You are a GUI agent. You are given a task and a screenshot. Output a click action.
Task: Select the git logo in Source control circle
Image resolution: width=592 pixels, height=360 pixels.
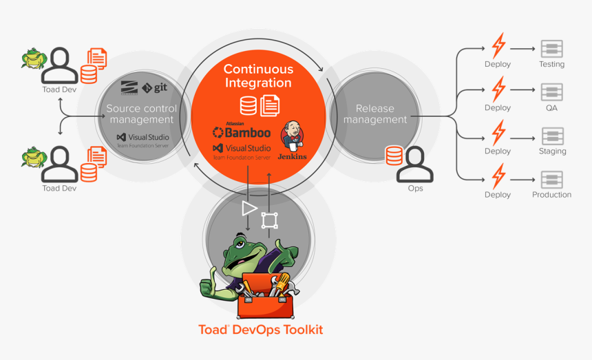click(x=155, y=87)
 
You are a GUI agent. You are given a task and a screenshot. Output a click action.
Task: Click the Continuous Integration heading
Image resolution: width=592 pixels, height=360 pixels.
click(x=258, y=76)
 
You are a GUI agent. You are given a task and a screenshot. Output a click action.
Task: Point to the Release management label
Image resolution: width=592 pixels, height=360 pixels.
click(x=375, y=114)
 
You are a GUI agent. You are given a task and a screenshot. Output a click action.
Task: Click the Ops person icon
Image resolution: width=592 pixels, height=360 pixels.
click(x=415, y=165)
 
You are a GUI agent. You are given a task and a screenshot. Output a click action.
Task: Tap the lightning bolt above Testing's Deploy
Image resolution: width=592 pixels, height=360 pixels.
click(x=498, y=46)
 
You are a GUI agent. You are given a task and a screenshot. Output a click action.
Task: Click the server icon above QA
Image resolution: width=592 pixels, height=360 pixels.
click(x=552, y=92)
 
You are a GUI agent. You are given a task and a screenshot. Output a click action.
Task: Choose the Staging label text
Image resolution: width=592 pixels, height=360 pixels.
click(x=552, y=151)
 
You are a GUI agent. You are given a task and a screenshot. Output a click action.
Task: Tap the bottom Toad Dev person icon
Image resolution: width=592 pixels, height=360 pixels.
click(x=60, y=163)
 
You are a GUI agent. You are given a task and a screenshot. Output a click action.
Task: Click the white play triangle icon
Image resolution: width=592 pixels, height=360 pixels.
click(x=249, y=208)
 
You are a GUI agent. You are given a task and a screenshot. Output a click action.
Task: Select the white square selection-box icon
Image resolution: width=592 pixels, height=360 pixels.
click(x=269, y=221)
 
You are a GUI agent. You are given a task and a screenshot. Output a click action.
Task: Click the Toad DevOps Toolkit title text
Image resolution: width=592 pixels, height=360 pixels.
click(x=260, y=330)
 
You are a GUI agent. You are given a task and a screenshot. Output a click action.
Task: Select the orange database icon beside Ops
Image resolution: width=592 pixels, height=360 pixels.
click(x=394, y=156)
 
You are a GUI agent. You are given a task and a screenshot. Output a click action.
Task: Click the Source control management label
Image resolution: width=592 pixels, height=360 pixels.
click(x=141, y=114)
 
